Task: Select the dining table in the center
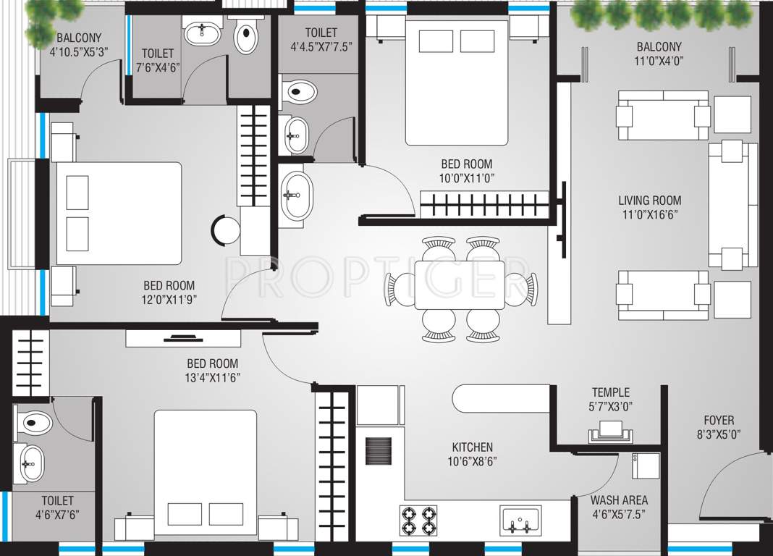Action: pyautogui.click(x=459, y=285)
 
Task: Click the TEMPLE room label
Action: pyautogui.click(x=610, y=392)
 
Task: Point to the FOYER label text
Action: pyautogui.click(x=719, y=420)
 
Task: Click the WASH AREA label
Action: pyautogui.click(x=619, y=500)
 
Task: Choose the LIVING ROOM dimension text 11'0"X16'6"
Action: pyautogui.click(x=649, y=214)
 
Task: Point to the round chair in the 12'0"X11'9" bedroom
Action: pyautogui.click(x=226, y=230)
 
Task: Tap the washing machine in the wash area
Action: pyautogui.click(x=645, y=465)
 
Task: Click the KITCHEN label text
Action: pyautogui.click(x=472, y=447)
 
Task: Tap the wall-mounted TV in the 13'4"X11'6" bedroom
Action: pyautogui.click(x=183, y=337)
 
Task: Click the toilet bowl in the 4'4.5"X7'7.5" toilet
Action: pyautogui.click(x=301, y=92)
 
